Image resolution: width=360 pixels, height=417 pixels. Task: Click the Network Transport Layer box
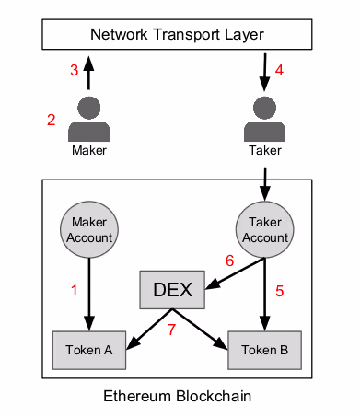[x=177, y=34]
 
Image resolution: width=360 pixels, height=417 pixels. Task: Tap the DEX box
[x=172, y=290]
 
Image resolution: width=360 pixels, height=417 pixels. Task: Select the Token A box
[x=89, y=350]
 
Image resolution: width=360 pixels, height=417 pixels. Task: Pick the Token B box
[x=264, y=350]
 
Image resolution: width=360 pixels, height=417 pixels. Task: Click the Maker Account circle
[x=89, y=229]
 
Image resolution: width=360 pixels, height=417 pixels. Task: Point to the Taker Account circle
[x=265, y=229]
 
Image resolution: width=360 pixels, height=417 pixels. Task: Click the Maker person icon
[x=89, y=119]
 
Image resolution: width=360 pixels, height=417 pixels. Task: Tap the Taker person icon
[x=264, y=119]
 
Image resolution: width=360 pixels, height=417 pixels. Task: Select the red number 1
[x=74, y=290]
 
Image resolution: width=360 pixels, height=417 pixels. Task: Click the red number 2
[x=52, y=120]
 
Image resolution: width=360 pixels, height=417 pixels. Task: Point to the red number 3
[x=75, y=70]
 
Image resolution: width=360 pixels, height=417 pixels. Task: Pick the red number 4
[x=279, y=70]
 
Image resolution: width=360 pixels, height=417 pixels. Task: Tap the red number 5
[x=279, y=291]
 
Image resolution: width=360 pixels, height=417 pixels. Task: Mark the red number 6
[x=230, y=261]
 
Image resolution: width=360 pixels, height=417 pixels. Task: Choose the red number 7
[x=172, y=330]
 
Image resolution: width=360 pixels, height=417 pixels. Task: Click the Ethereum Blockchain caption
[x=178, y=396]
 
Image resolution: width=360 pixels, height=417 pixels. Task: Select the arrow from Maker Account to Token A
[x=89, y=295]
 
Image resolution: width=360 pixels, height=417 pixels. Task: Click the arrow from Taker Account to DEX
[x=235, y=273]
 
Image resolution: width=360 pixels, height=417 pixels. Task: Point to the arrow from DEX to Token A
[x=149, y=329]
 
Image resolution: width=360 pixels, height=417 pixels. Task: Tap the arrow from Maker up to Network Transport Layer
[x=88, y=73]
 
